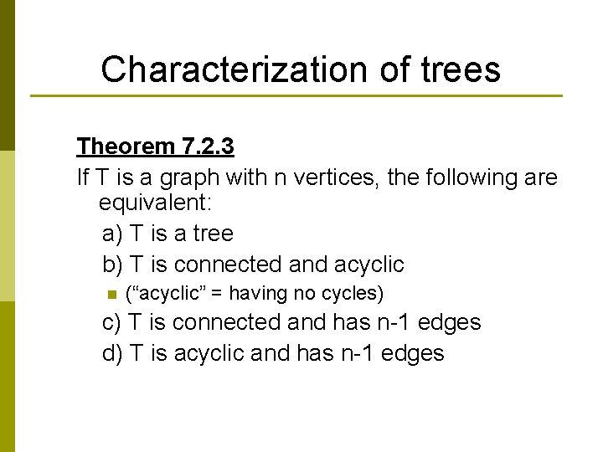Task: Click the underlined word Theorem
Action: click(x=125, y=146)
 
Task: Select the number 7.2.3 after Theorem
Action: click(x=207, y=146)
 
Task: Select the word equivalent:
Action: click(x=157, y=203)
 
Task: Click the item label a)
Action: click(x=111, y=234)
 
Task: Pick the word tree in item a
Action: click(x=211, y=234)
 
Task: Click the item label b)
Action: click(x=111, y=265)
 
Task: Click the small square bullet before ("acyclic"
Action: click(x=109, y=294)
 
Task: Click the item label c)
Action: click(x=111, y=322)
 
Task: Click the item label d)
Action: click(x=111, y=353)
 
